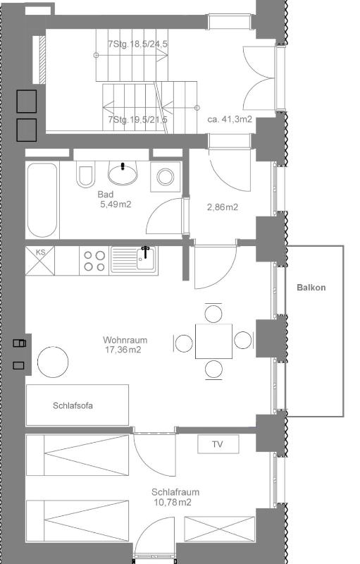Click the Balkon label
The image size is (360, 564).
point(311,288)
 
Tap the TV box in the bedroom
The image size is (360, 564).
point(218,444)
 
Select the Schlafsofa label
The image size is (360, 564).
point(73,405)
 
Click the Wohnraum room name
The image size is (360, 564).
point(125,340)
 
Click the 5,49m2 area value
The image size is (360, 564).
point(116,204)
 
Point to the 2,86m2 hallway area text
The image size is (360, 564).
point(222,207)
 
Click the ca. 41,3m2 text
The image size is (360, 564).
point(230,120)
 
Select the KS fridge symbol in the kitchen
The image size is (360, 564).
point(40,260)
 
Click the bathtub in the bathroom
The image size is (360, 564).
point(44,200)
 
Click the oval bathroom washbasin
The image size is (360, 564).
point(124,172)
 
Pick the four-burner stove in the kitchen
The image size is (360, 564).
point(94,260)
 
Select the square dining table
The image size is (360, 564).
point(213,341)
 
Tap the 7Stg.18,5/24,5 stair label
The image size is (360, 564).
point(137,44)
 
